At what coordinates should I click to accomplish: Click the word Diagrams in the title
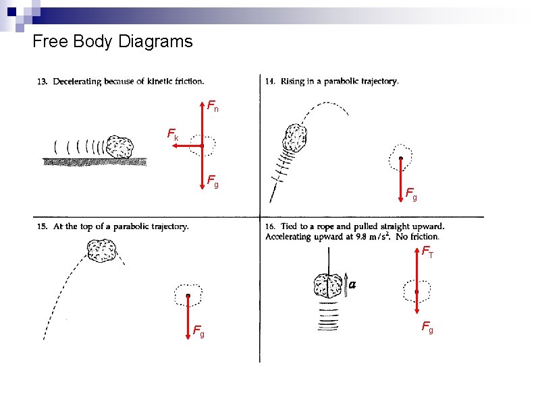tap(155, 42)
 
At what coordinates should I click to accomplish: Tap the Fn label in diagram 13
tap(213, 106)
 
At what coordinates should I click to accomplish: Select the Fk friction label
tap(173, 134)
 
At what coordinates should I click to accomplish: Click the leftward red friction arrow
tap(188, 146)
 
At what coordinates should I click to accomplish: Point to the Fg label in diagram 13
tap(213, 181)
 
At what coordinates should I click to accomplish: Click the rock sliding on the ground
tap(119, 147)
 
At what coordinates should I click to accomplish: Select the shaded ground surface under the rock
tap(95, 162)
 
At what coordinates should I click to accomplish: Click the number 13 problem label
tap(42, 82)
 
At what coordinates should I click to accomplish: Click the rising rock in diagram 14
tap(294, 137)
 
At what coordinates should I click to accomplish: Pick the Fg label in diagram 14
tap(411, 194)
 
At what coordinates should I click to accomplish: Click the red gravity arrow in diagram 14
tap(401, 179)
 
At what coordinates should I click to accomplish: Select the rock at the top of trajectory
tap(102, 251)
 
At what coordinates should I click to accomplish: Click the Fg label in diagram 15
tap(198, 331)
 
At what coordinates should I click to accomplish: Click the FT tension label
tap(427, 252)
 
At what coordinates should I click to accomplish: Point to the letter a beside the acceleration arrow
tap(352, 284)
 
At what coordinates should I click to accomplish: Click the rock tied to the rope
tap(328, 286)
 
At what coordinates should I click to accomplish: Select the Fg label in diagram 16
tap(427, 328)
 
